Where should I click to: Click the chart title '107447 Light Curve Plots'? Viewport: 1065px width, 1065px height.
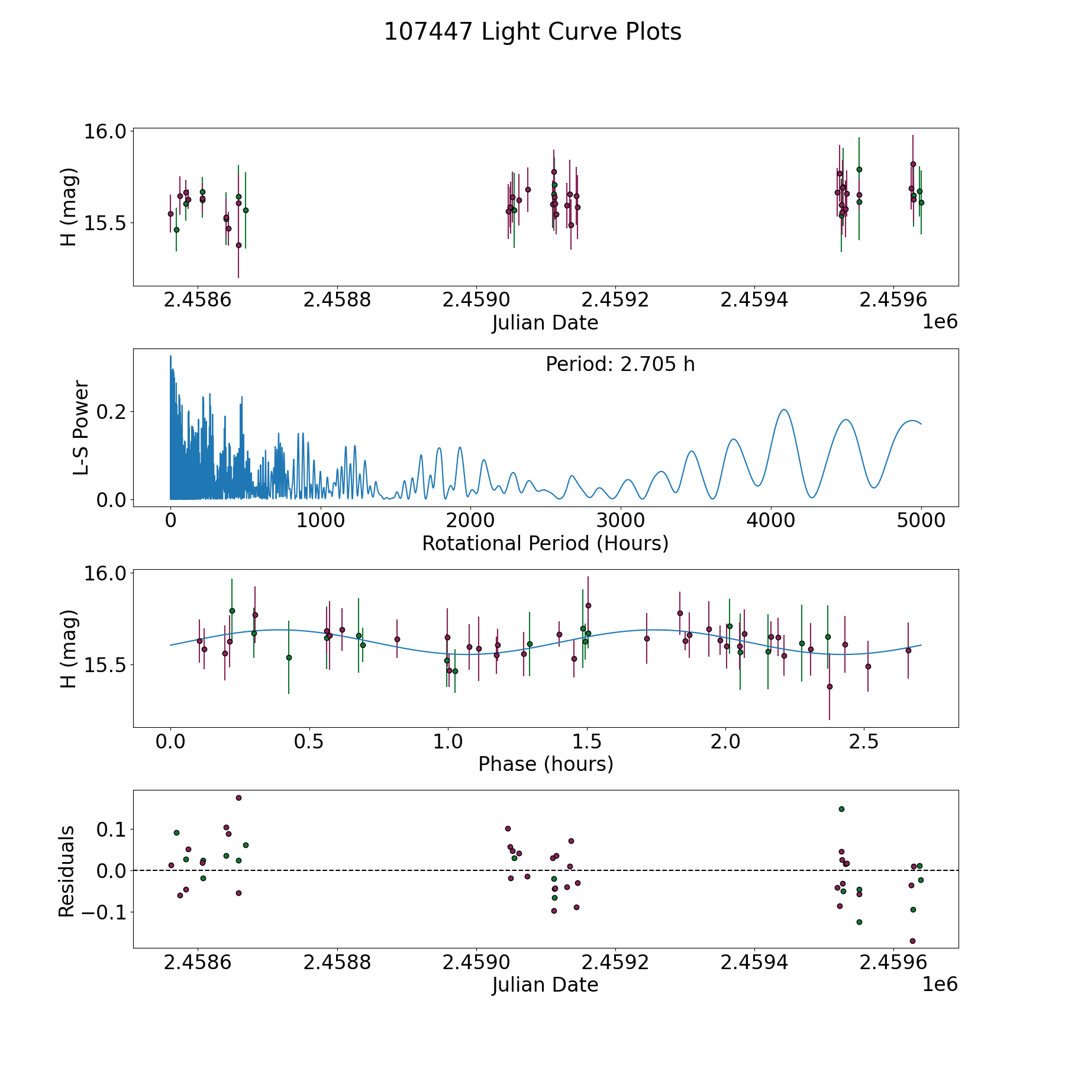pyautogui.click(x=532, y=32)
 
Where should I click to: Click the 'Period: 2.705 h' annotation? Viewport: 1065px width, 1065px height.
pyautogui.click(x=620, y=364)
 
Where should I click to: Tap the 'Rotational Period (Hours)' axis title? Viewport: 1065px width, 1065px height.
pyautogui.click(x=545, y=544)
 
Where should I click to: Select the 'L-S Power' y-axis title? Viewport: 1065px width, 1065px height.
pyautogui.click(x=81, y=428)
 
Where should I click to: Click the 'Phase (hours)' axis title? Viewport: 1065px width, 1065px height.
pyautogui.click(x=546, y=764)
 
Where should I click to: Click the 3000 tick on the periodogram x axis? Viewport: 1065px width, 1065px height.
pyautogui.click(x=621, y=521)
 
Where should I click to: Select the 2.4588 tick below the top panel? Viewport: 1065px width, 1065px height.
pyautogui.click(x=337, y=300)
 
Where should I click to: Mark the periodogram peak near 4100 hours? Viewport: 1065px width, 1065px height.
pyautogui.click(x=784, y=409)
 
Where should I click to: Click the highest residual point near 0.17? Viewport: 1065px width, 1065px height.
pyautogui.click(x=238, y=798)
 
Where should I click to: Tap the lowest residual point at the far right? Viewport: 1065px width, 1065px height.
pyautogui.click(x=912, y=941)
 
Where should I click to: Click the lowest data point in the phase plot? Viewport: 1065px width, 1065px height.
pyautogui.click(x=830, y=686)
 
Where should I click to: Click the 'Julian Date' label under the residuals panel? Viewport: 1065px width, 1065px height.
pyautogui.click(x=545, y=985)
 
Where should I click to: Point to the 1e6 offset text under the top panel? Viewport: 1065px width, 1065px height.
pyautogui.click(x=940, y=322)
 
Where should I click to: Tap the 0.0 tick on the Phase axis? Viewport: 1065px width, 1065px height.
pyautogui.click(x=170, y=741)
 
